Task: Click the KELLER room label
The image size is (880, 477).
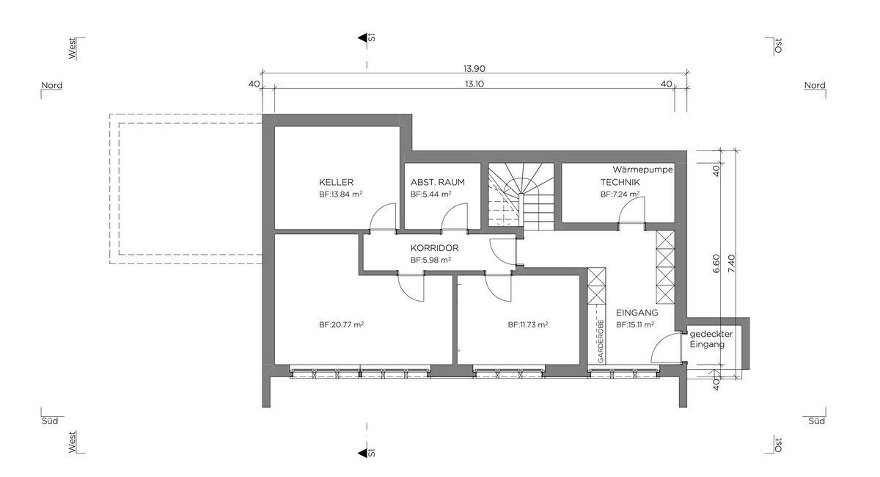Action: pos(337,182)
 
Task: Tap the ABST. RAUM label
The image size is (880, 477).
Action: pos(438,182)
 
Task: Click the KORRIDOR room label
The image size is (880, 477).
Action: pos(434,248)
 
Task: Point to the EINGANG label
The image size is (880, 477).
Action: pos(637,312)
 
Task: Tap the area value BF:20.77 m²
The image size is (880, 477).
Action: pos(342,324)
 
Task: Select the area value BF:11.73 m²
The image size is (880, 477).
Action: pos(528,324)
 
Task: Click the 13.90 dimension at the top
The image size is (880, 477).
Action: pos(474,68)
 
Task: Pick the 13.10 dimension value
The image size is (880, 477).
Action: pos(474,84)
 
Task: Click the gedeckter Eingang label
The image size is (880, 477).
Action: pos(711,339)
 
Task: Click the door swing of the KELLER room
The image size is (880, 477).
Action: pos(382,217)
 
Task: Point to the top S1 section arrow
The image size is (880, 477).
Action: pos(362,38)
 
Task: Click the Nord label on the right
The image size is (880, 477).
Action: pos(815,85)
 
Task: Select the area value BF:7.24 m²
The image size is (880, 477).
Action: pos(620,194)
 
